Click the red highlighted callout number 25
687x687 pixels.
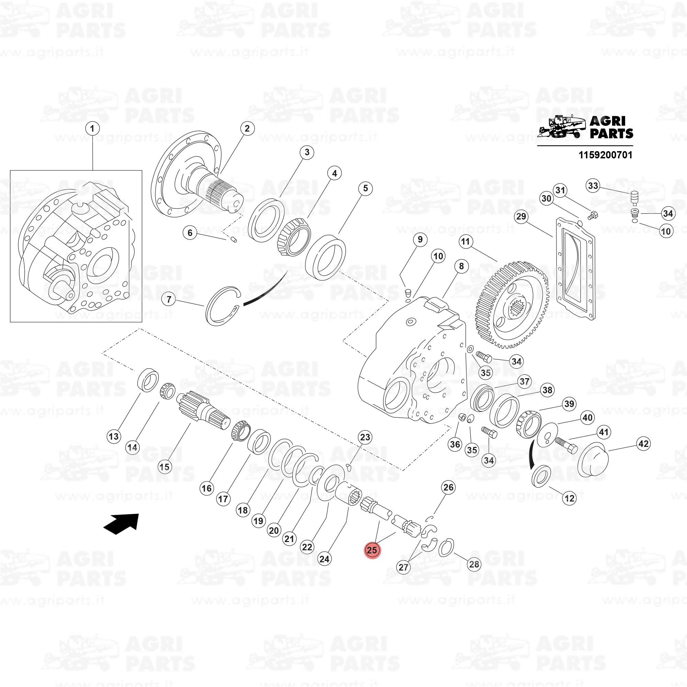tap(372, 550)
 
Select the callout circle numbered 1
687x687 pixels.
tap(92, 128)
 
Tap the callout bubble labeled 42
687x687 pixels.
tap(644, 443)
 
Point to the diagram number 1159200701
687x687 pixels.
tap(606, 155)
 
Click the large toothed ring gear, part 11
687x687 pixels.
tap(512, 305)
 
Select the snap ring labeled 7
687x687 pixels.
tap(224, 306)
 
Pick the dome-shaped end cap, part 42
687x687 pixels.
tap(593, 460)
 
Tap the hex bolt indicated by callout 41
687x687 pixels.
tap(566, 445)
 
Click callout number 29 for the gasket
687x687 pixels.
tap(521, 216)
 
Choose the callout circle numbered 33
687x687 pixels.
tap(593, 185)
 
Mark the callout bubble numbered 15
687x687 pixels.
tap(164, 466)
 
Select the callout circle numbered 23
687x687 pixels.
tap(365, 437)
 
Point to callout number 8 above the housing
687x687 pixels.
tap(461, 266)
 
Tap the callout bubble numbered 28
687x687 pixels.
tap(474, 564)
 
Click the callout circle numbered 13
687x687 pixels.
tap(113, 436)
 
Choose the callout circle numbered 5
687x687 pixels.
tap(365, 188)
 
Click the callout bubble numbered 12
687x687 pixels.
tap(569, 498)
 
